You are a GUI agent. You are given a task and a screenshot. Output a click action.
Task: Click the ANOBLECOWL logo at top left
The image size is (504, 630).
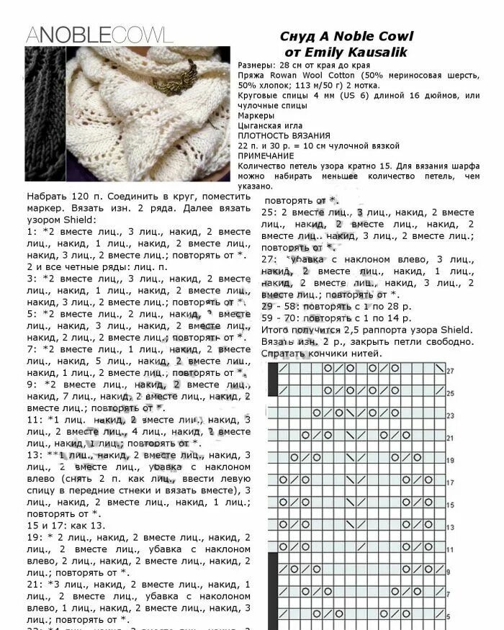pos(99,34)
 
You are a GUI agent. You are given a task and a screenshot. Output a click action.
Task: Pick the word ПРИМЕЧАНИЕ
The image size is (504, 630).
pos(266,156)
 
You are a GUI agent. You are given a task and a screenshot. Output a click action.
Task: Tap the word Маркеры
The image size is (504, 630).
pos(256,115)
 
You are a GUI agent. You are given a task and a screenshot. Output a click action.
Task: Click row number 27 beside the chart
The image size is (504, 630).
pos(451,371)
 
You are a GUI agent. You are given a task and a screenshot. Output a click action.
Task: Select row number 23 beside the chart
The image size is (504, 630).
pos(451,416)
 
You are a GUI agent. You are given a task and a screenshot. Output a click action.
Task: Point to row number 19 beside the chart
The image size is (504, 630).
pos(451,460)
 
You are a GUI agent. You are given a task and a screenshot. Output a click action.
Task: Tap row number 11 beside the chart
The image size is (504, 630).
pos(451,549)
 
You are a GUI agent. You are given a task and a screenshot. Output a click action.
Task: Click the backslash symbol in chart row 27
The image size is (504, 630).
pos(438,369)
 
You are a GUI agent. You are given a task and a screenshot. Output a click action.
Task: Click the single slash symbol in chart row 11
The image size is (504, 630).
pos(282,547)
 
